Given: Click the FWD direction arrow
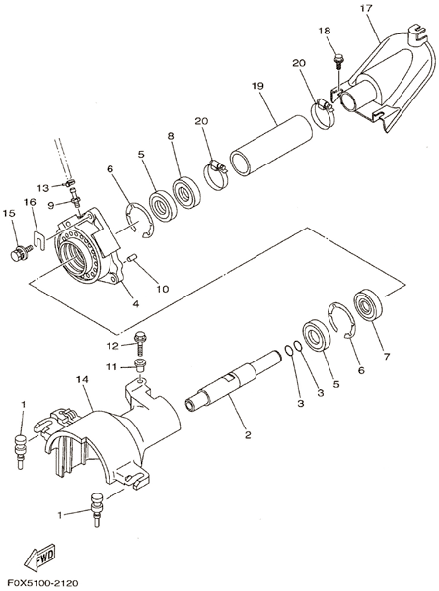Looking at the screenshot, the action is point(40,557).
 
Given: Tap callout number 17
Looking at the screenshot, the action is point(366,8).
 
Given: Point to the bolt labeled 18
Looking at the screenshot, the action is point(338,61).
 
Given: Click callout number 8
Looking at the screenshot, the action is point(171,136).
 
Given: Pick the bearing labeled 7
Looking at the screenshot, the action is point(368,305).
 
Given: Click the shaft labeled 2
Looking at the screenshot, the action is point(234,381).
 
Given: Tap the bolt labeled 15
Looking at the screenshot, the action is point(20,253).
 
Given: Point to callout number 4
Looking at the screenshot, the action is point(135,303).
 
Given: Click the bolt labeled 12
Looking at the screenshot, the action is point(141,344).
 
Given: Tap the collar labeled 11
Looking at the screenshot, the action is point(141,365).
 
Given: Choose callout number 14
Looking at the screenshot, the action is point(82,379).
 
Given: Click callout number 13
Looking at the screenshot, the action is point(43,188).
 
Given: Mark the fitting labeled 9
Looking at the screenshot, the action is point(75,197).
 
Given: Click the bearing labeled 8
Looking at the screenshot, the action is point(186,193).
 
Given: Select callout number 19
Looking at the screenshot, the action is point(257,86).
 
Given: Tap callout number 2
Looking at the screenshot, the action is point(248,435).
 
